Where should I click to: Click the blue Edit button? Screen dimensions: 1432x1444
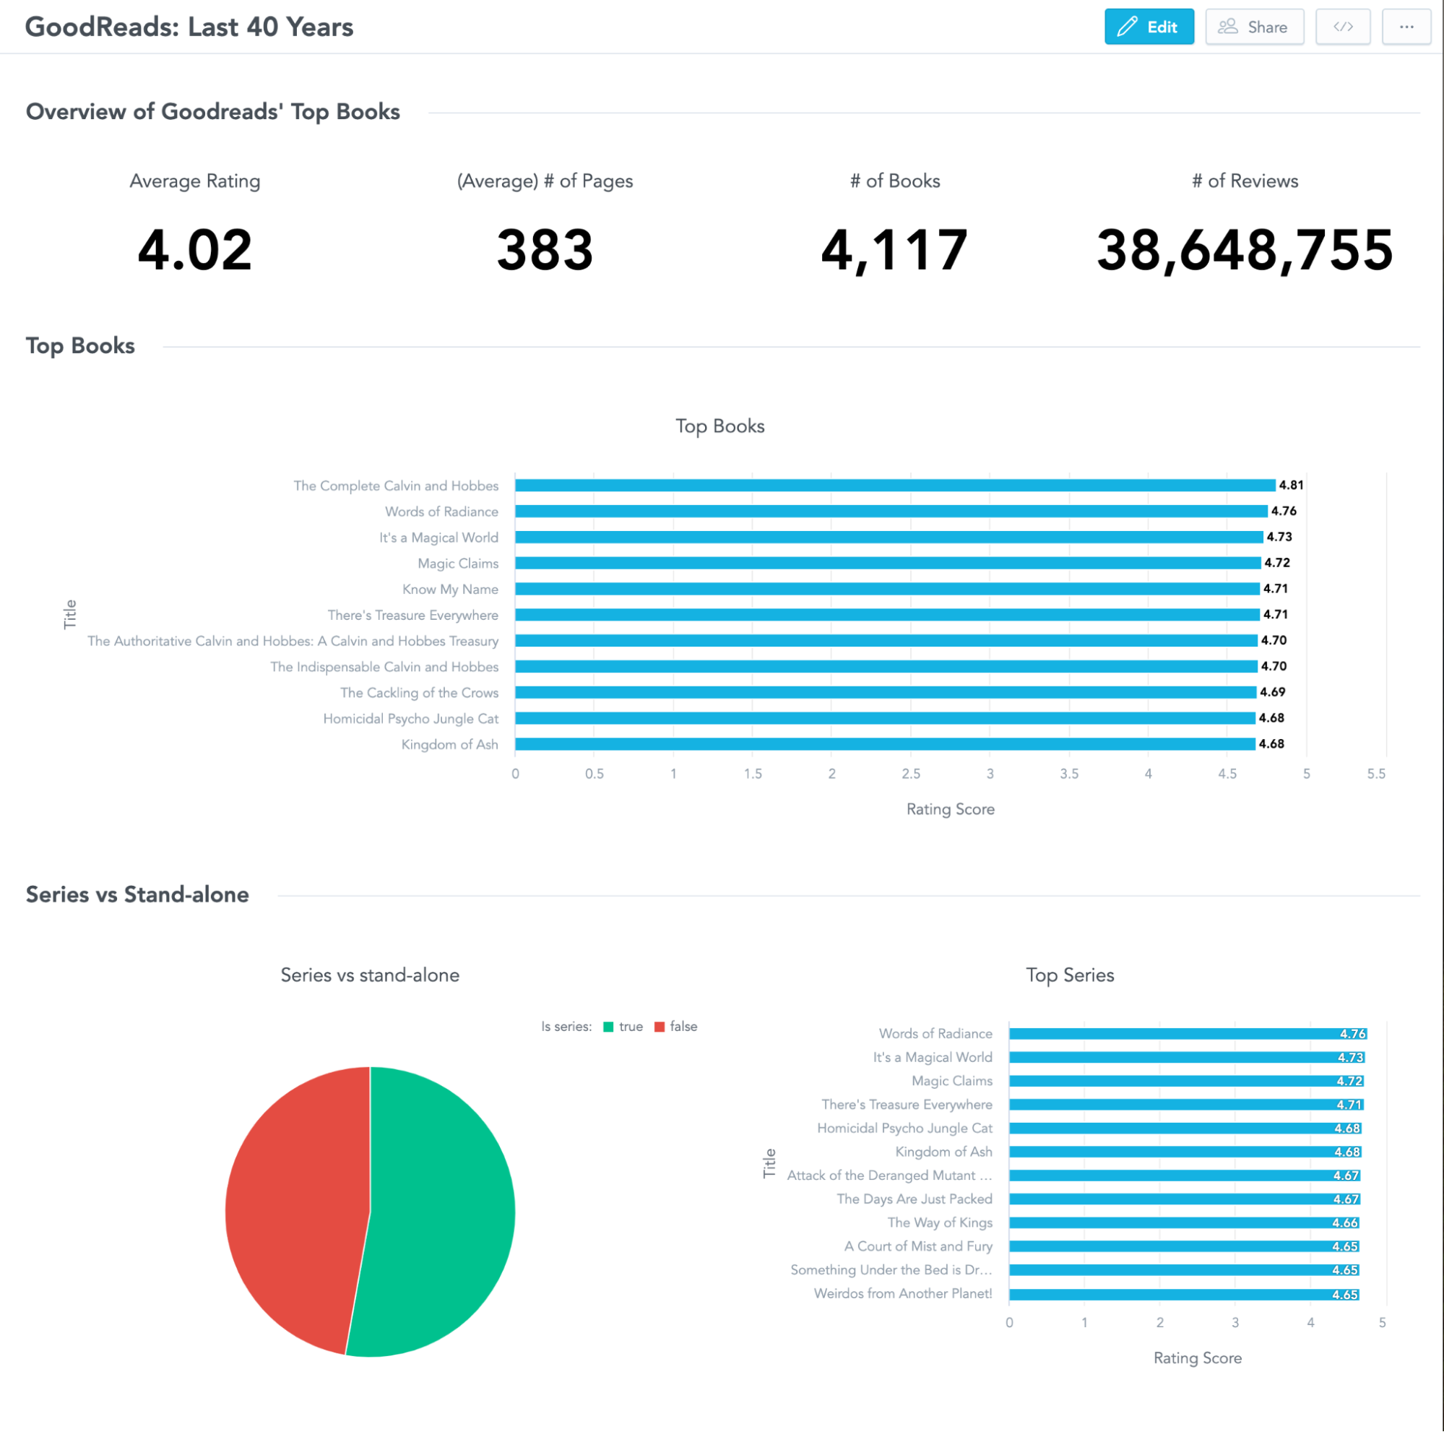[1148, 27]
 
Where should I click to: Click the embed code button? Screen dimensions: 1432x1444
[1342, 27]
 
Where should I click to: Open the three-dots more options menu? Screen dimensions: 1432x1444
[1406, 27]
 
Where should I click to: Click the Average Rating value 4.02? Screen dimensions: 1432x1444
[194, 250]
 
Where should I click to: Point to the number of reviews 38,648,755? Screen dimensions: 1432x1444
[1245, 250]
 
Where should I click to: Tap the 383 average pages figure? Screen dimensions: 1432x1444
[545, 250]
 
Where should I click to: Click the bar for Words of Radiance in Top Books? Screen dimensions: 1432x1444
[889, 512]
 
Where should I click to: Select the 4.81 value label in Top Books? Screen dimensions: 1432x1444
[1291, 485]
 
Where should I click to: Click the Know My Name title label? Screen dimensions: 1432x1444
[450, 589]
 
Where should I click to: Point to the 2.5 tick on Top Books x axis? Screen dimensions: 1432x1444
[910, 774]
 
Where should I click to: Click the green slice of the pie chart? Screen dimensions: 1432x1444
[441, 1211]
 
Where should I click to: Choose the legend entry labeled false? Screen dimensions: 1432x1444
[676, 1026]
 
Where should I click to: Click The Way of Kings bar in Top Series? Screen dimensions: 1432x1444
[1181, 1222]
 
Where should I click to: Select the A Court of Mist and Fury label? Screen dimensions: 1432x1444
[918, 1246]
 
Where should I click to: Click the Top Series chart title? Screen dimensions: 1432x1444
[1070, 975]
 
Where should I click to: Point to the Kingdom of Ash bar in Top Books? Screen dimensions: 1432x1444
[882, 743]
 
